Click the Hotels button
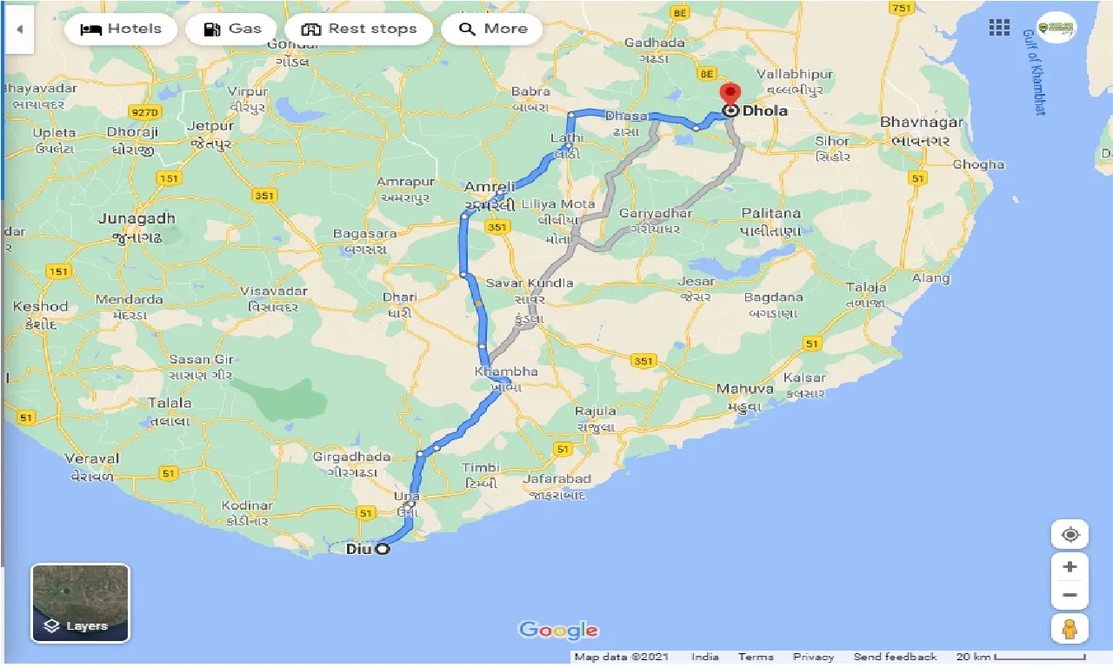[x=120, y=29]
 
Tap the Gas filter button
[x=231, y=29]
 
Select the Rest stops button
[x=358, y=29]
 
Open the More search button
[x=492, y=29]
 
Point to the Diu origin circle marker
[x=382, y=549]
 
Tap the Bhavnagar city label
[x=921, y=122]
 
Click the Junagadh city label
[x=137, y=218]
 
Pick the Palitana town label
[x=770, y=213]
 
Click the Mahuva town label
[x=745, y=389]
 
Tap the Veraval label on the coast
[x=91, y=458]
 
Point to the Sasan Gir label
[x=201, y=359]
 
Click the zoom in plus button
[x=1070, y=567]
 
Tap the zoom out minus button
[x=1070, y=596]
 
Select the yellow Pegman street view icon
[x=1070, y=628]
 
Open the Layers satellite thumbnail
[x=80, y=603]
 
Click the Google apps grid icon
[x=999, y=28]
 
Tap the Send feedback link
[x=895, y=657]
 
